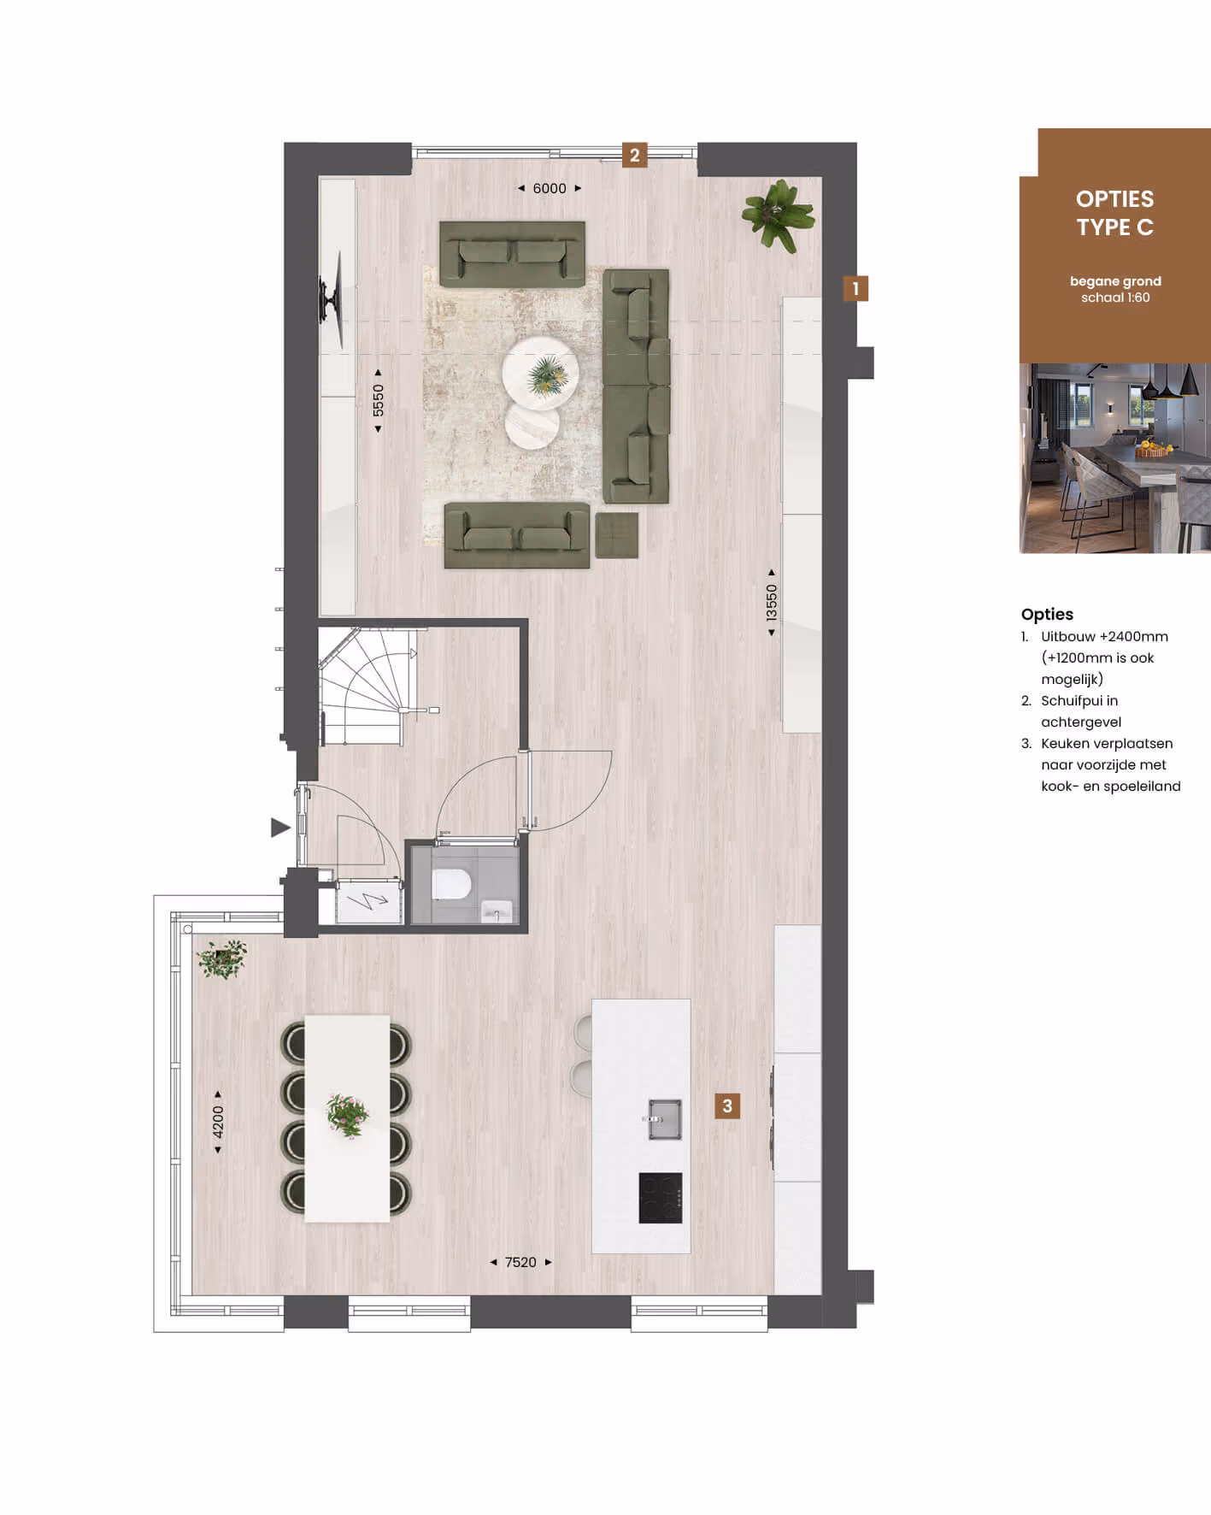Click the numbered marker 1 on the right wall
click(855, 289)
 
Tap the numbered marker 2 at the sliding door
click(634, 156)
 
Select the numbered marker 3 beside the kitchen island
click(727, 1106)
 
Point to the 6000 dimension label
click(550, 188)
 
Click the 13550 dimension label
click(772, 603)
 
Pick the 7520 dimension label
click(520, 1262)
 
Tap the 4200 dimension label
click(218, 1122)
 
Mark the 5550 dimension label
click(378, 400)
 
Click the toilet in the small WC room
click(451, 884)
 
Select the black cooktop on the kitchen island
click(661, 1198)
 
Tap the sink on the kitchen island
click(665, 1119)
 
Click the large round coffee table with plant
click(540, 374)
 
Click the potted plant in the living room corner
click(779, 214)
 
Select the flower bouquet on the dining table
click(348, 1115)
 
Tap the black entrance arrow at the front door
click(280, 828)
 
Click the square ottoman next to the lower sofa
click(617, 535)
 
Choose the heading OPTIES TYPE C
click(1115, 213)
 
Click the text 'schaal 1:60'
click(1115, 298)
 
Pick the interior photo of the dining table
click(1115, 458)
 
